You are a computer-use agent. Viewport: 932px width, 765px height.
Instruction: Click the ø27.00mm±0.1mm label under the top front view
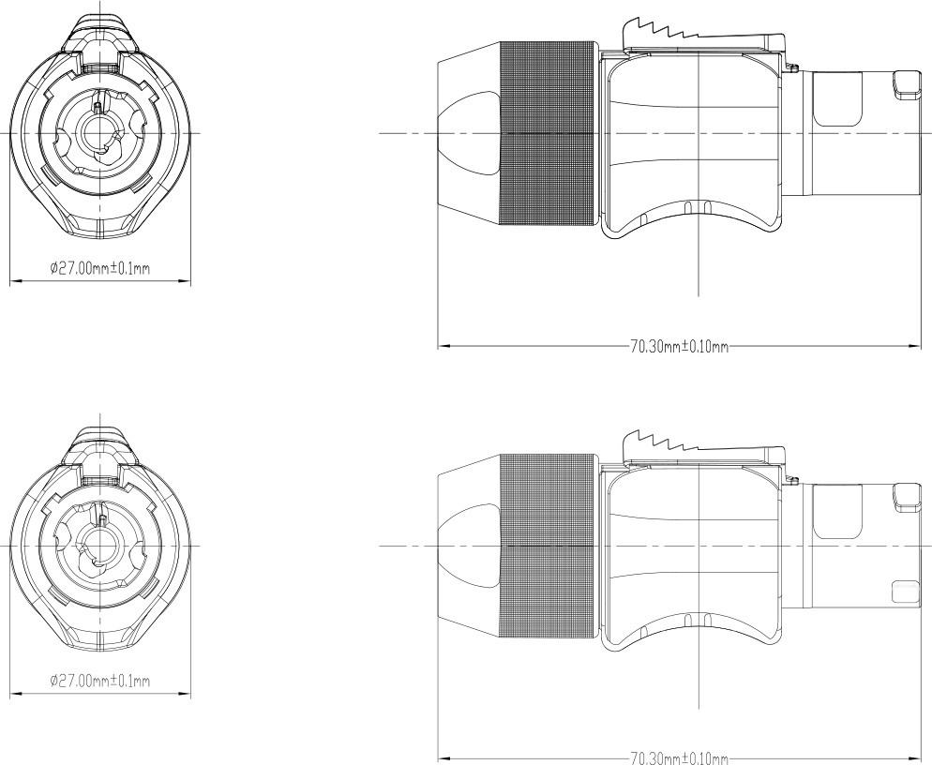[99, 268]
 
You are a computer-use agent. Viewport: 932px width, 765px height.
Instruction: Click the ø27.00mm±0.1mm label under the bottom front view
[99, 681]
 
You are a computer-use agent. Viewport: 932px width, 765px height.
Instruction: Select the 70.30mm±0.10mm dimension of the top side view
[679, 347]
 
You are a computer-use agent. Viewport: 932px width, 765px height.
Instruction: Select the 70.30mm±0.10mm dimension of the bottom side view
[679, 758]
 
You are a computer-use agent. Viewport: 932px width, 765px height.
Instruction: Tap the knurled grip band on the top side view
[548, 134]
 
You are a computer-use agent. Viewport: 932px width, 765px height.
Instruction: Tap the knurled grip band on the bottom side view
[548, 547]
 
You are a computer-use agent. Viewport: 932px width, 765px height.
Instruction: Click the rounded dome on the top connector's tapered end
[469, 134]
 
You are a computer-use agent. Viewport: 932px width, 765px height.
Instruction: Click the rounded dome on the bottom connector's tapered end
[469, 547]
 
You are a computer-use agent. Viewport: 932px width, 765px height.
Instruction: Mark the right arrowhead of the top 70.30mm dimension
[914, 345]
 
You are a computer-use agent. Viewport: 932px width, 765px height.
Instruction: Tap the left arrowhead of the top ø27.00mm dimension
[16, 280]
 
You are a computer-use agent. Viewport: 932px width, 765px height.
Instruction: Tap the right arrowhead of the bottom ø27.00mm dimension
[185, 693]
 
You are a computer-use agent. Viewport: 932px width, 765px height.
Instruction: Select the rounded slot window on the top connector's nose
[837, 99]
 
